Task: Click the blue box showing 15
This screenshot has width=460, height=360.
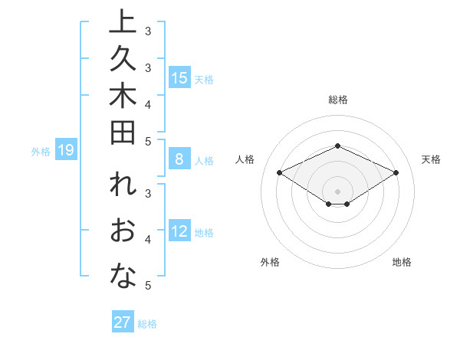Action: pyautogui.click(x=179, y=78)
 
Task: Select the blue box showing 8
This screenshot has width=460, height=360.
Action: pyautogui.click(x=179, y=160)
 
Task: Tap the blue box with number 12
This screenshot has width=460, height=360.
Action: pyautogui.click(x=179, y=232)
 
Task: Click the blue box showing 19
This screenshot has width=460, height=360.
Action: pyautogui.click(x=66, y=151)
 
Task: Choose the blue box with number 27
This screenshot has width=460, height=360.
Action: pyautogui.click(x=123, y=322)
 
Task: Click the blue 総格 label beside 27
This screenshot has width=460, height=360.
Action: pyautogui.click(x=147, y=324)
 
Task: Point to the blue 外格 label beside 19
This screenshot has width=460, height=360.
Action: pyautogui.click(x=41, y=152)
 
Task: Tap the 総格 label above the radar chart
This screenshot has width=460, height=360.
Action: pyautogui.click(x=338, y=100)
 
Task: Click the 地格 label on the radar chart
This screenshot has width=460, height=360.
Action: pyautogui.click(x=402, y=262)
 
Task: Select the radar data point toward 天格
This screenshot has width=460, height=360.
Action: pyautogui.click(x=396, y=173)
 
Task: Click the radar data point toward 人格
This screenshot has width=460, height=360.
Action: pyautogui.click(x=280, y=173)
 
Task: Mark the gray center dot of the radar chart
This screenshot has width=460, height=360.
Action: pyautogui.click(x=338, y=191)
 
